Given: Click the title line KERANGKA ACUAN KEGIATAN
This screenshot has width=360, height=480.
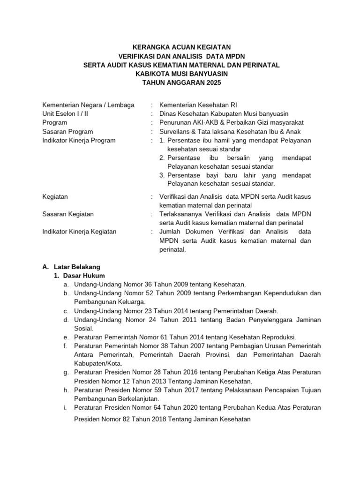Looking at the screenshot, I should tap(181, 48).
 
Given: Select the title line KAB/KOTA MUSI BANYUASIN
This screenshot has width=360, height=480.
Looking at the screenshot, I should tap(181, 74).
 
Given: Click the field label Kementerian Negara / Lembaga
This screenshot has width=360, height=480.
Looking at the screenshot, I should tap(88, 105).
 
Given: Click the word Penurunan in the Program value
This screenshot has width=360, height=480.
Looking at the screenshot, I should tap(174, 123).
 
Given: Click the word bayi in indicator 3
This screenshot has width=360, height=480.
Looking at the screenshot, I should tap(217, 176).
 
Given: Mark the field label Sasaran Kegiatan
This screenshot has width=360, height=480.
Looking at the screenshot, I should tap(68, 214).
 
